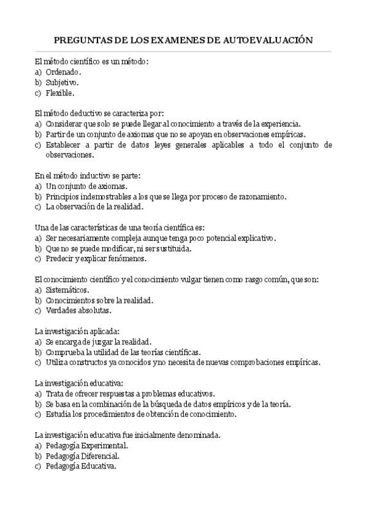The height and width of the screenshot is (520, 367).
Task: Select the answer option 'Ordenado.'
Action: click(x=64, y=72)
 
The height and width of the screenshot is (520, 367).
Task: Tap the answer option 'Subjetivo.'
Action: click(x=62, y=82)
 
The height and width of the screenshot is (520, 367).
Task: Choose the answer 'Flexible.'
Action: click(x=60, y=93)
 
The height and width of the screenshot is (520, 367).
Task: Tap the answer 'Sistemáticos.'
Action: click(x=67, y=290)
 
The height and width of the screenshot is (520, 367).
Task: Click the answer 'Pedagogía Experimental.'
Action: click(x=87, y=445)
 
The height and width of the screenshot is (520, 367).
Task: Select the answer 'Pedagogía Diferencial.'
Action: click(x=83, y=456)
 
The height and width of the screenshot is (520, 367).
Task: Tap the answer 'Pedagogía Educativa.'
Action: click(x=81, y=466)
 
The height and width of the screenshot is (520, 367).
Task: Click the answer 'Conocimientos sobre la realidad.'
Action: click(x=99, y=300)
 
